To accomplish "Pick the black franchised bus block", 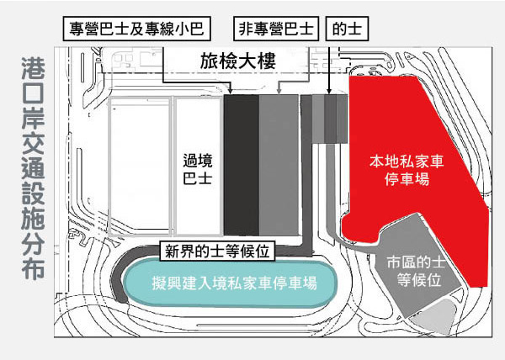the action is pyautogui.click(x=240, y=164).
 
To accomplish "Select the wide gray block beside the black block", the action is pyautogui.click(x=278, y=164).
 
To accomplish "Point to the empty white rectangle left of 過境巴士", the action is pyautogui.click(x=141, y=166).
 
